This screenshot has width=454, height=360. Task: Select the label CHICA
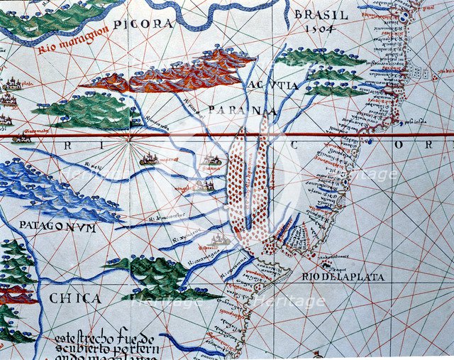pyautogui.click(x=75, y=298)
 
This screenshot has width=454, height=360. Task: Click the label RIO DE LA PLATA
pyautogui.click(x=343, y=277)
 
